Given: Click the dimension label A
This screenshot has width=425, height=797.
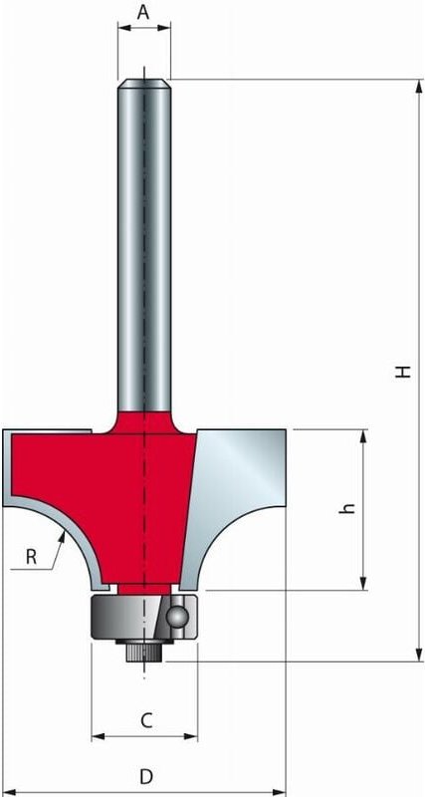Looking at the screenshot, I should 143,12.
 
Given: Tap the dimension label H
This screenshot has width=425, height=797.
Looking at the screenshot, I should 402,371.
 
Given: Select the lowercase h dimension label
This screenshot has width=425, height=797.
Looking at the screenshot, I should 347,508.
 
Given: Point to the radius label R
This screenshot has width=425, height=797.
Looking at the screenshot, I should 31,557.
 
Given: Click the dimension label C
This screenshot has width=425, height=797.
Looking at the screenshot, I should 145,719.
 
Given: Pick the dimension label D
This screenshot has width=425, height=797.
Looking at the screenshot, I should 145,775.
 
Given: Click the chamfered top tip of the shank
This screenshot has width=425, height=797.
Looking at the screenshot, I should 144,83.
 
